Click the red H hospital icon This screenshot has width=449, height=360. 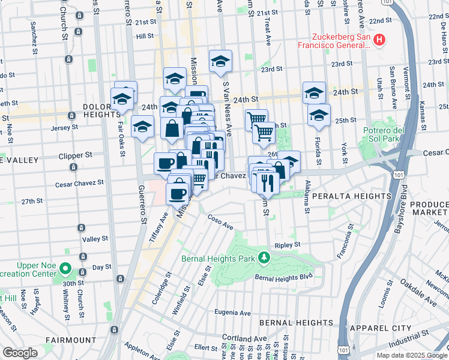[x=379, y=41]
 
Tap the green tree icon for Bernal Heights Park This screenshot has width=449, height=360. [x=264, y=257]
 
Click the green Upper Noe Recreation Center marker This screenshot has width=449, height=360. [x=65, y=270]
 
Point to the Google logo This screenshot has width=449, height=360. [x=20, y=353]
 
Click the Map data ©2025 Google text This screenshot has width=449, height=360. [x=411, y=355]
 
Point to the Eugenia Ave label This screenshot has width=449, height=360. [x=232, y=313]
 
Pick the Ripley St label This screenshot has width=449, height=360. [x=287, y=245]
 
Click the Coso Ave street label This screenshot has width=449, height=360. [x=220, y=222]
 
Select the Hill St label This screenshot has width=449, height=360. [x=145, y=36]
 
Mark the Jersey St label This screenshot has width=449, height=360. [x=66, y=127]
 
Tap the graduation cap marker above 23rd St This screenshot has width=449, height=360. [x=220, y=61]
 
